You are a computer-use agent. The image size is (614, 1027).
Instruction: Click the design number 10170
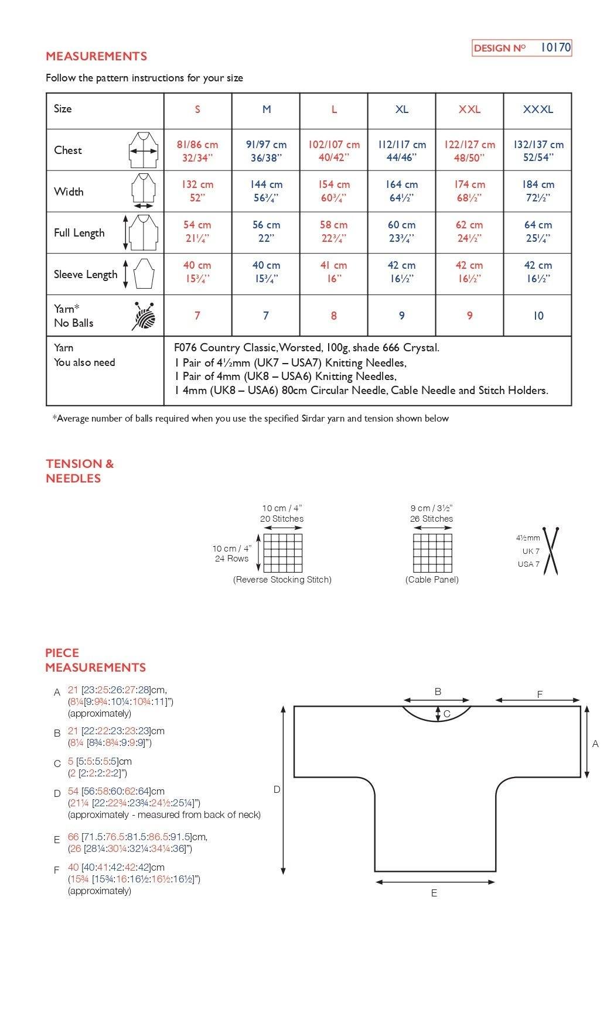coord(555,47)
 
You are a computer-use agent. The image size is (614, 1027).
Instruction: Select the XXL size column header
coord(469,109)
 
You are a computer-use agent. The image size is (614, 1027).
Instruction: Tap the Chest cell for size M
coord(266,150)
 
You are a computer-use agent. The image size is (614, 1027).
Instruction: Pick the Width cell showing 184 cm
coord(538,191)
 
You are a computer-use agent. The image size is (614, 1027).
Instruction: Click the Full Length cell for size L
coord(334,231)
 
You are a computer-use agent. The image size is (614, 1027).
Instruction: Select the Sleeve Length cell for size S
coord(197,272)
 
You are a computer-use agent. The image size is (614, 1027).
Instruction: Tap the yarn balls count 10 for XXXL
coord(538,316)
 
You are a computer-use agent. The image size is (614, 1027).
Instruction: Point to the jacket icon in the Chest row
coord(144,150)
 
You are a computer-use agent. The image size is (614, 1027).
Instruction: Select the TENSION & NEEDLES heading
coord(80,471)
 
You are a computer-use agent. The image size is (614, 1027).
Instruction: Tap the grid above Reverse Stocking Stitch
coord(283,553)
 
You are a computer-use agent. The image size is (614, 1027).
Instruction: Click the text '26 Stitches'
coord(431,519)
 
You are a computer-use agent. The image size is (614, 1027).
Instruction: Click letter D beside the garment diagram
coord(277,790)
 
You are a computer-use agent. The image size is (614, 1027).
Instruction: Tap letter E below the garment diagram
coord(434,894)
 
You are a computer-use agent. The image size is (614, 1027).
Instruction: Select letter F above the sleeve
coord(540,694)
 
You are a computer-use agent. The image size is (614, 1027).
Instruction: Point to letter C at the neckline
coord(447,714)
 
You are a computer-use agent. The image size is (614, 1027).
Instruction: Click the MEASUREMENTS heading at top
coord(96,56)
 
